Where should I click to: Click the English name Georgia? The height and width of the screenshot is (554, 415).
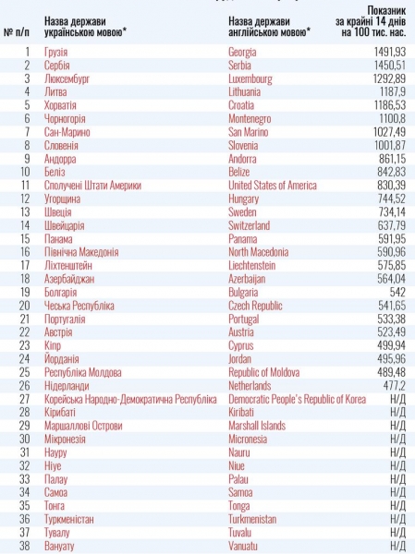pyautogui.click(x=242, y=53)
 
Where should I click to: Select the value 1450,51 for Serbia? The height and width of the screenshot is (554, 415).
pyautogui.click(x=389, y=66)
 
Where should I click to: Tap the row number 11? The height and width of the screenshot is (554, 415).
pyautogui.click(x=25, y=186)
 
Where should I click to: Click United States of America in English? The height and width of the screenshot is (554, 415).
pyautogui.click(x=273, y=186)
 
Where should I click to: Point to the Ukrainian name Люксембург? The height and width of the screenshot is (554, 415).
pyautogui.click(x=67, y=78)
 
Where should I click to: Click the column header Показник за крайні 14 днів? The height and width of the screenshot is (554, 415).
pyautogui.click(x=371, y=21)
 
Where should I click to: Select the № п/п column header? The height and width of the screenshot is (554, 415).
pyautogui.click(x=17, y=32)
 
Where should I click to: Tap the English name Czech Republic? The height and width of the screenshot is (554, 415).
pyautogui.click(x=255, y=306)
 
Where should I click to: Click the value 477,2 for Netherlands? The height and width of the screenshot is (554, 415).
pyautogui.click(x=394, y=385)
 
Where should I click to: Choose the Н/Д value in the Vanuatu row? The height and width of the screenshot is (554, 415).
pyautogui.click(x=398, y=546)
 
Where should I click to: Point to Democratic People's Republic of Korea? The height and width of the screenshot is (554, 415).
pyautogui.click(x=298, y=399)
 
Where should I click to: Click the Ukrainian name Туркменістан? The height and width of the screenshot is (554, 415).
pyautogui.click(x=69, y=519)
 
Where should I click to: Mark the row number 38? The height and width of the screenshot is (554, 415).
pyautogui.click(x=24, y=546)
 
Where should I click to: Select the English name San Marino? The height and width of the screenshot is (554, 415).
pyautogui.click(x=248, y=132)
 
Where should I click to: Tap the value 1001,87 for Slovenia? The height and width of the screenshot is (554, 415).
pyautogui.click(x=389, y=146)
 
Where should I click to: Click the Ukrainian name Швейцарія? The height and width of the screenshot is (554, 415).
pyautogui.click(x=65, y=226)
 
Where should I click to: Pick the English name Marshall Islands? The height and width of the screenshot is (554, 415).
pyautogui.click(x=257, y=426)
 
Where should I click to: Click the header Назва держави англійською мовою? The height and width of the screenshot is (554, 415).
pyautogui.click(x=270, y=27)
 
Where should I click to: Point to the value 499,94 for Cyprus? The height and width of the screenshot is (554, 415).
pyautogui.click(x=391, y=345)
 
